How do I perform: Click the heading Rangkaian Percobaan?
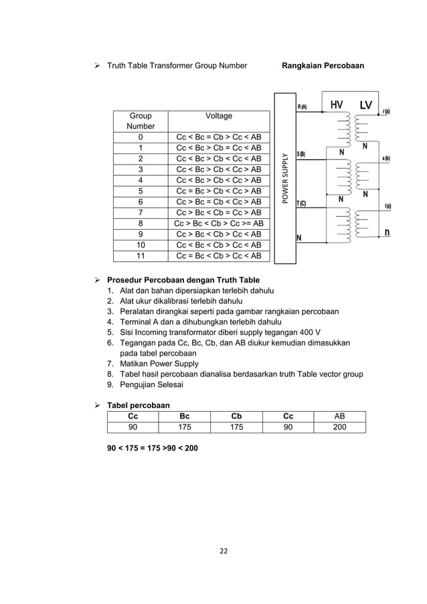tap(323, 66)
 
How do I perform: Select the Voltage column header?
tap(219, 116)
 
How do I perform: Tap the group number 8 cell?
tap(141, 224)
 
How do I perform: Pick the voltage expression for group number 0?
tap(219, 137)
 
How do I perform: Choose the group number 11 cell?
tap(141, 256)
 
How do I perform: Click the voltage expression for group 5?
tap(219, 191)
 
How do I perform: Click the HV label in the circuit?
tap(336, 105)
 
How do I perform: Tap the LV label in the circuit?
tap(365, 105)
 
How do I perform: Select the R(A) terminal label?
tap(302, 107)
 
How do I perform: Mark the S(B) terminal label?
tap(301, 155)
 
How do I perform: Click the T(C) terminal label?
tap(301, 203)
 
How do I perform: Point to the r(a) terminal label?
tap(387, 111)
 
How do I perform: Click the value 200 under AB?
tap(339, 427)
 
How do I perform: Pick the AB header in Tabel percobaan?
tap(339, 416)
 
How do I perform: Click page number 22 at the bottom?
tap(214, 551)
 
